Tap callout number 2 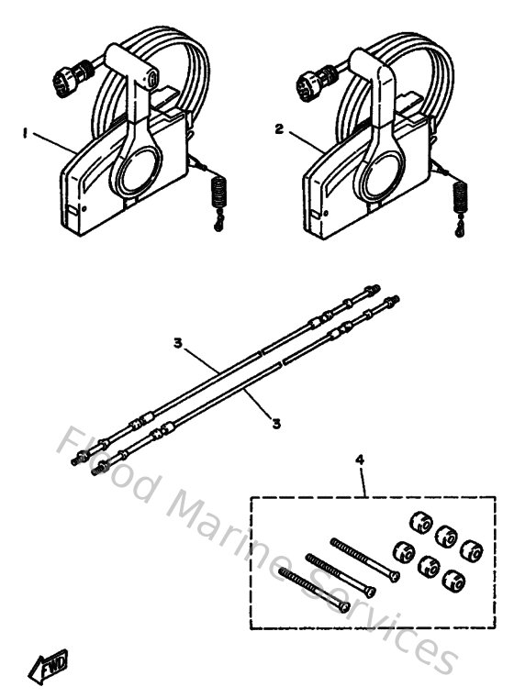(x=278, y=129)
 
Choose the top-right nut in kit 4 (x=471, y=549)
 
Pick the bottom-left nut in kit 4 (x=400, y=552)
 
